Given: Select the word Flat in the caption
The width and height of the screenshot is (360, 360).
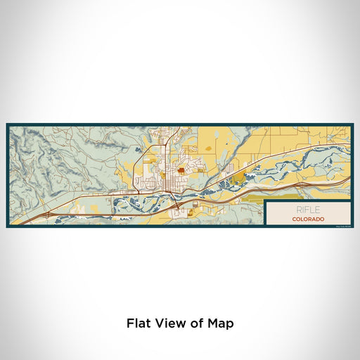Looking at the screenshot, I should (138, 324).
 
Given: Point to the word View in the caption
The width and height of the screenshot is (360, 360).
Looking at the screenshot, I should (167, 324).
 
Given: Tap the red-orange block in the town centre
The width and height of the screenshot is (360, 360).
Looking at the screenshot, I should (181, 169).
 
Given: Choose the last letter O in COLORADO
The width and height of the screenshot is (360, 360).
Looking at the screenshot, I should (323, 219).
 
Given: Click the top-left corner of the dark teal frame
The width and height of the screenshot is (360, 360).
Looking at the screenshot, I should (8, 125).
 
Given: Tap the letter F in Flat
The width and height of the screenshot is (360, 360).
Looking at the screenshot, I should (130, 324).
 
